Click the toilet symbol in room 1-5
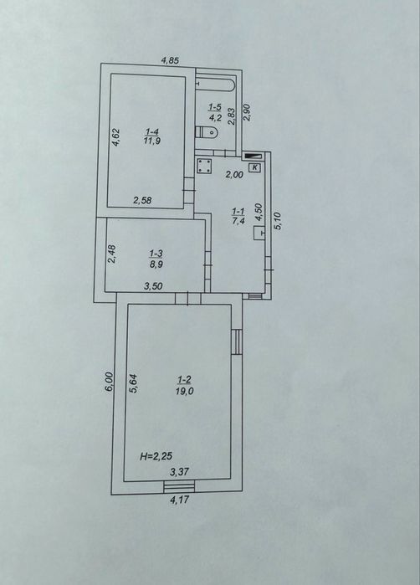coord(207,131)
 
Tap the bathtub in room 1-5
coord(215,84)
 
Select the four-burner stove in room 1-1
coord(204,166)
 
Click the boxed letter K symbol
coord(255,167)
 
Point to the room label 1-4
coord(151,131)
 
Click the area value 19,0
coord(184,391)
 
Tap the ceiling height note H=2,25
coord(156,455)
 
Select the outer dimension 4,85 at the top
coord(170,60)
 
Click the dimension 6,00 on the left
coord(108,382)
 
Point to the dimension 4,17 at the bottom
coord(179,500)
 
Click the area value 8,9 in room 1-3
coord(156,264)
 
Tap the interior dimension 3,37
coord(179,472)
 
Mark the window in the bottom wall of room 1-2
coord(179,485)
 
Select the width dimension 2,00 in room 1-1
coord(234,174)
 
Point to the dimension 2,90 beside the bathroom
coord(247,112)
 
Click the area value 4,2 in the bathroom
coord(215,119)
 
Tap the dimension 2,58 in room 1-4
coord(142,200)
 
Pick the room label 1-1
coord(238,211)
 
